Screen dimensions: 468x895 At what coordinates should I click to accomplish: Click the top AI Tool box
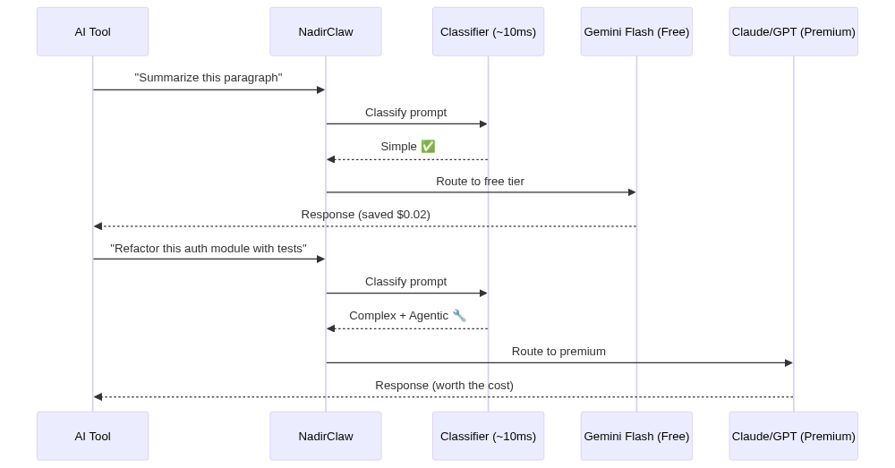click(x=92, y=31)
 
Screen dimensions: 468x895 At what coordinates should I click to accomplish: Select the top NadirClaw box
click(x=325, y=31)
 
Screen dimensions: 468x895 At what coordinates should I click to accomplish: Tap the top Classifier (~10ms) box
click(x=488, y=31)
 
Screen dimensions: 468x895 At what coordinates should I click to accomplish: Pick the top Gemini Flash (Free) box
click(x=636, y=31)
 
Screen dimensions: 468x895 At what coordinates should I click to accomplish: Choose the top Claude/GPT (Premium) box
click(x=793, y=31)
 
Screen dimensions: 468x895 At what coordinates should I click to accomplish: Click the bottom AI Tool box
click(x=92, y=436)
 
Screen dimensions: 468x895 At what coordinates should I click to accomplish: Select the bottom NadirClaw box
click(x=325, y=436)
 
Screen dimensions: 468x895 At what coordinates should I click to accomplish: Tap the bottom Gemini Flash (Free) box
click(x=636, y=436)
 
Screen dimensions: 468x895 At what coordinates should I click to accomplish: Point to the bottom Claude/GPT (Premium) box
click(x=793, y=436)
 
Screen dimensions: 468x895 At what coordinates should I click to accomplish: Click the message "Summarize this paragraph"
click(x=209, y=78)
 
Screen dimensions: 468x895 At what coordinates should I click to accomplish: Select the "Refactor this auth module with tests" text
click(x=209, y=248)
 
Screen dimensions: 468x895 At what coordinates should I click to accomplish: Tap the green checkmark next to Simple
click(x=428, y=146)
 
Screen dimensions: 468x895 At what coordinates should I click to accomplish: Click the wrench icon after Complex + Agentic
click(x=459, y=315)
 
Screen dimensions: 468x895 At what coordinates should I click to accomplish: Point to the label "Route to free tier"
click(x=480, y=181)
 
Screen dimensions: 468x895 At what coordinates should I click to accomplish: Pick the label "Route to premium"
click(x=558, y=351)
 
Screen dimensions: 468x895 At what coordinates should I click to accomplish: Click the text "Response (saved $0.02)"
click(x=365, y=214)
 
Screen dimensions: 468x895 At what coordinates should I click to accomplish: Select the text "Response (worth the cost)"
click(x=444, y=385)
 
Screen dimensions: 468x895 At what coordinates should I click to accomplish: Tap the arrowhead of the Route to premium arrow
click(x=788, y=362)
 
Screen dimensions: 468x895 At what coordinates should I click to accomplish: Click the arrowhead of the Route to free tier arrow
click(x=632, y=192)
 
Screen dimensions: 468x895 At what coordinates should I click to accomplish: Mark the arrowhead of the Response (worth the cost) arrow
click(x=98, y=396)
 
